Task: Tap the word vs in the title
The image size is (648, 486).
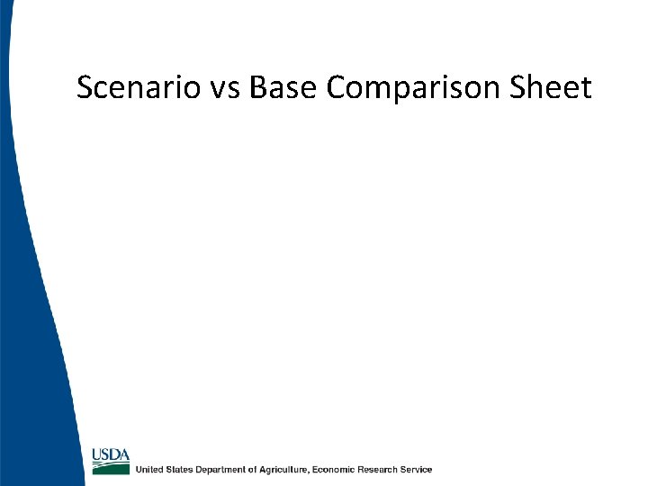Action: [221, 89]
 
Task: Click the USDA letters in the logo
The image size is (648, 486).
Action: [111, 454]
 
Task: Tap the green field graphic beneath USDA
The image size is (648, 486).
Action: [111, 466]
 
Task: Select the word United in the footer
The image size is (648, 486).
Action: [149, 470]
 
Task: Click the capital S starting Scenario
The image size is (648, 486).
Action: [85, 88]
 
